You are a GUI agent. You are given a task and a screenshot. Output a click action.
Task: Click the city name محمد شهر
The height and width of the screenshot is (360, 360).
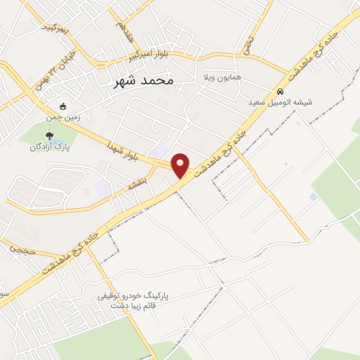[x=143, y=81]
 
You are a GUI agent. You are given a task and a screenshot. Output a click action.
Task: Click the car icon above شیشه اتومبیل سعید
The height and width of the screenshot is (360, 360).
[x=280, y=91]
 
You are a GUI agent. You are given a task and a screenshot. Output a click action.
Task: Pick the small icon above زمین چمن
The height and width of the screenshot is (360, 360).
[x=64, y=107]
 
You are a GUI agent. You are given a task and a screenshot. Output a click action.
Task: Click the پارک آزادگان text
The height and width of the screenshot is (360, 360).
[x=49, y=146]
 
